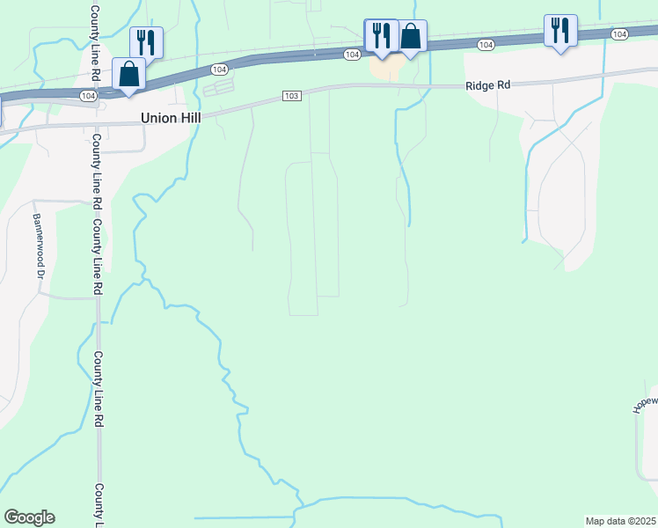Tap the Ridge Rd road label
(x=487, y=85)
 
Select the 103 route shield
(x=293, y=95)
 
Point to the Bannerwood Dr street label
(x=39, y=246)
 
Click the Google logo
(x=29, y=517)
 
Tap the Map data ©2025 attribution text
(x=619, y=521)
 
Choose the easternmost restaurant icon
(x=560, y=30)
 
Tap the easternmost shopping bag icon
(x=411, y=36)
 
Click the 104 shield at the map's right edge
(x=619, y=33)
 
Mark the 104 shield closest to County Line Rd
(x=87, y=94)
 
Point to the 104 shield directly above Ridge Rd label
(x=486, y=44)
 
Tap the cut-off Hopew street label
(x=646, y=403)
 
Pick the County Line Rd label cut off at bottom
(x=99, y=505)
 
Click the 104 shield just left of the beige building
(x=352, y=55)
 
